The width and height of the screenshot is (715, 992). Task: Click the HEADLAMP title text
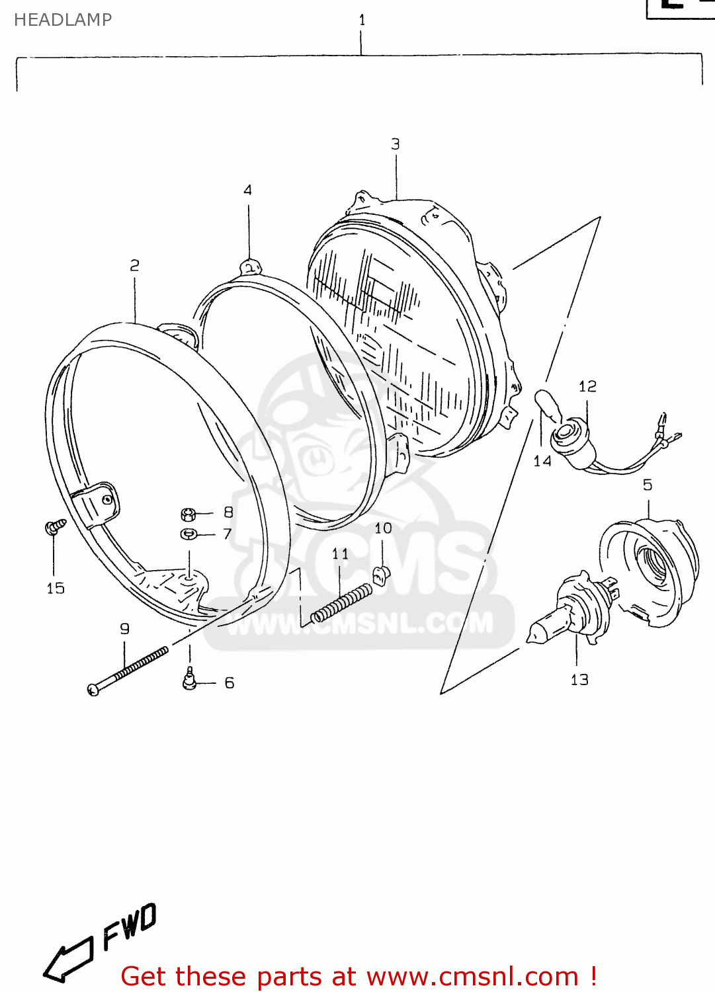63,20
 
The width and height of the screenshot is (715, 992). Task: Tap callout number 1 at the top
362,21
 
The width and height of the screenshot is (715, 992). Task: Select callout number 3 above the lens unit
396,144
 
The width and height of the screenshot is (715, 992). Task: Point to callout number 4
247,190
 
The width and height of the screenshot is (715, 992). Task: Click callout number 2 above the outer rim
135,266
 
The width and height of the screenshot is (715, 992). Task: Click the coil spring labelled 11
341,603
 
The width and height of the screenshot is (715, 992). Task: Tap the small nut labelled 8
188,514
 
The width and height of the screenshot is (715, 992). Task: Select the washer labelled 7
189,534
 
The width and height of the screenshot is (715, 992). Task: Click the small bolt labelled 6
190,679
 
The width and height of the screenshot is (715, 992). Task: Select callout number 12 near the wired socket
587,386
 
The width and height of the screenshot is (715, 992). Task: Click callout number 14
542,462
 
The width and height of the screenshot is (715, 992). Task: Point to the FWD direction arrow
67,959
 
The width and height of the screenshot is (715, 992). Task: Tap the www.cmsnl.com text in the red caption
472,976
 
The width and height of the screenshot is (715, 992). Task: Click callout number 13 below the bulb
579,680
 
